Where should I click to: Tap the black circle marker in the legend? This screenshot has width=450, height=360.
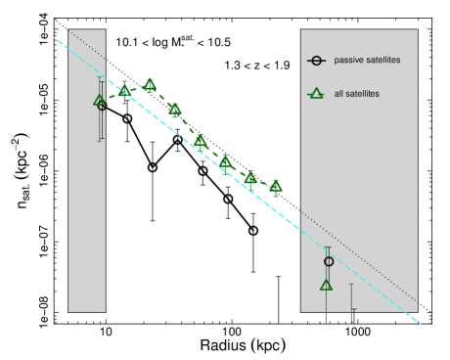tap(315, 61)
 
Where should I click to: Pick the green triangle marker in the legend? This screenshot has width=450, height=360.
tap(315, 94)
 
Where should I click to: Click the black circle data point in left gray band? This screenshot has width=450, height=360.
tap(102, 105)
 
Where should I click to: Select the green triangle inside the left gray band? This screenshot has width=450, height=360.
tap(99, 100)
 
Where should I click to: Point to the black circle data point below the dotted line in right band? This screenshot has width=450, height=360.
tap(329, 261)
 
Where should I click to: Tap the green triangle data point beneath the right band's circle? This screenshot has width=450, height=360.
tap(326, 285)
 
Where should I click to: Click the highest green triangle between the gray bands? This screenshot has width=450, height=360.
tap(150, 84)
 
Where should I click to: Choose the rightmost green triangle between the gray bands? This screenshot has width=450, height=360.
tap(276, 185)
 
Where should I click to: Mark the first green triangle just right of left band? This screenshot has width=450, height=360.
tap(124, 91)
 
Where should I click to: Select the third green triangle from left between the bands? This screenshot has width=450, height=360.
tap(175, 110)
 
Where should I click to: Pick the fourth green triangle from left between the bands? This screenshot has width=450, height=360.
tap(201, 141)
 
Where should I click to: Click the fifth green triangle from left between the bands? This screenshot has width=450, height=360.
tap(226, 160)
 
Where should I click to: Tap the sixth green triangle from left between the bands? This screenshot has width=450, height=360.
tap(250, 177)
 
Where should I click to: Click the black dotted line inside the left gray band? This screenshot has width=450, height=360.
tap(88, 46)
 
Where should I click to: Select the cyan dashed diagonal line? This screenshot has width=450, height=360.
tap(196, 147)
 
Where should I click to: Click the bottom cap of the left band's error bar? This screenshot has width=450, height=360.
tap(100, 140)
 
